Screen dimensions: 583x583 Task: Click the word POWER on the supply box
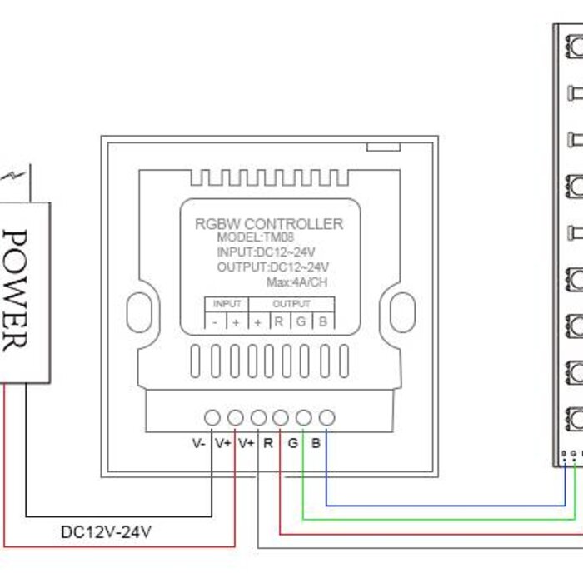[16, 291]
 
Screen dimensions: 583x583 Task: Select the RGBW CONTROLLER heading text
[268, 224]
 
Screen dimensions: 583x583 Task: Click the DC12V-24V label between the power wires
[106, 531]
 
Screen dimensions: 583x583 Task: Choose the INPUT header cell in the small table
[227, 304]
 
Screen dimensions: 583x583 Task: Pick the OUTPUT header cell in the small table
[291, 304]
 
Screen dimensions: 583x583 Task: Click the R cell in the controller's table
[279, 322]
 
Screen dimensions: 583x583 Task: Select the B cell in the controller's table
[323, 322]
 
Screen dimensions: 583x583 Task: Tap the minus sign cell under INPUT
[215, 322]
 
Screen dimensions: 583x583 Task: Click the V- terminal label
[199, 444]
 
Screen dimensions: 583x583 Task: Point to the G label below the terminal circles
[292, 444]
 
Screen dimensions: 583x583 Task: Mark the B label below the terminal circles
[316, 444]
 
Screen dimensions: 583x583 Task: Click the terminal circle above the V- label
[212, 417]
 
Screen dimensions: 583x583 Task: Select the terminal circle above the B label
[327, 417]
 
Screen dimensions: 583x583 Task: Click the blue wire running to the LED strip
[441, 505]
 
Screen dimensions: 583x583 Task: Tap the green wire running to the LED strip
[441, 518]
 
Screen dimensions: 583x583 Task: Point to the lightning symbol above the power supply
[16, 176]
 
